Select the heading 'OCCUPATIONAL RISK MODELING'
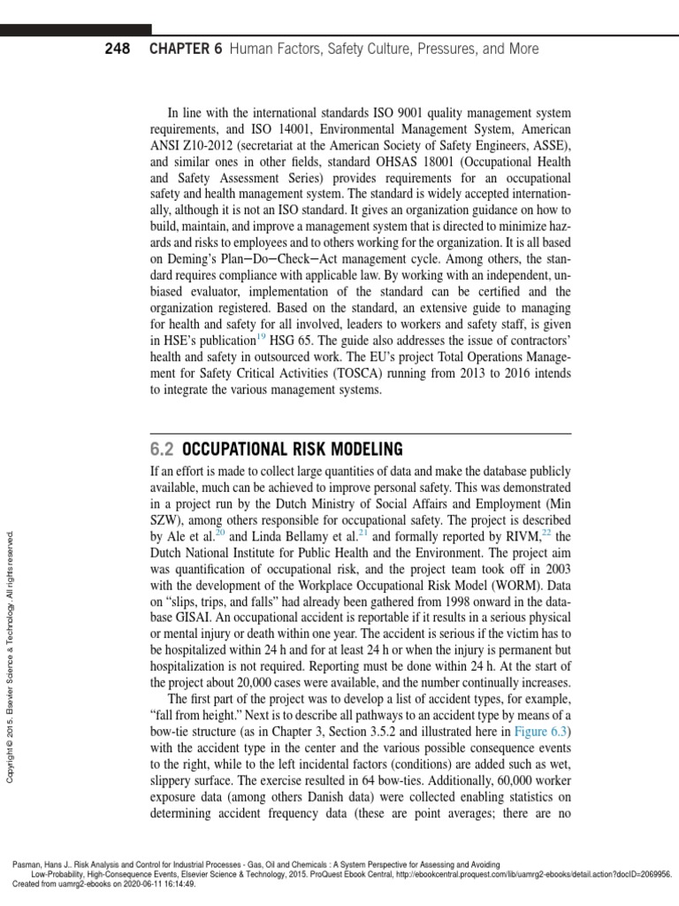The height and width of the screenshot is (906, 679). [x=293, y=449]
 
